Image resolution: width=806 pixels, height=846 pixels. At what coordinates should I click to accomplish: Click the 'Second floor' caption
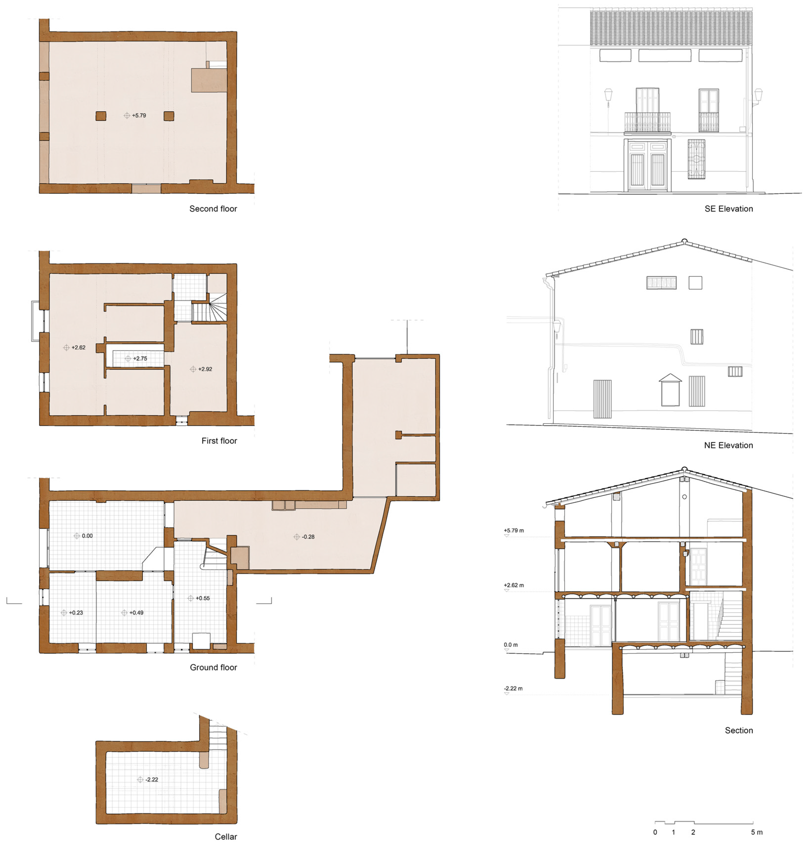pyautogui.click(x=213, y=209)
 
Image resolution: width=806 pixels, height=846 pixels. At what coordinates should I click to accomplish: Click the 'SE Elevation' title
pyautogui.click(x=729, y=209)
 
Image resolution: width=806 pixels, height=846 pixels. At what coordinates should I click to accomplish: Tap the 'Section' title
pyautogui.click(x=739, y=730)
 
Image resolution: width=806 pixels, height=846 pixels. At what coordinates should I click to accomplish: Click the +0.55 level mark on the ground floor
pyautogui.click(x=199, y=598)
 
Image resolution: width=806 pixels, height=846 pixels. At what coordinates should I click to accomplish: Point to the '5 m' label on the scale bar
pyautogui.click(x=757, y=832)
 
